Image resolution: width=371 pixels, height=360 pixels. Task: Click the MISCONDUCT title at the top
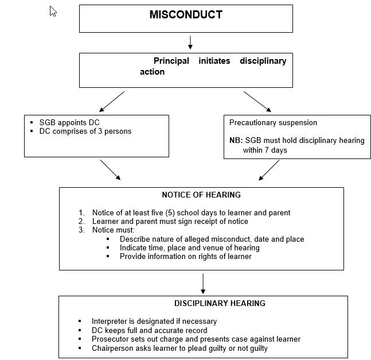tap(186, 15)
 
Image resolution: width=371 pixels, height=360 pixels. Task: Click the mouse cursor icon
tap(53, 11)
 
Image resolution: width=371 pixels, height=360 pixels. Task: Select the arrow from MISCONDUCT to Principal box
tap(190, 42)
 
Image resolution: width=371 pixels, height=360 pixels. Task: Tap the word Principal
tap(171, 61)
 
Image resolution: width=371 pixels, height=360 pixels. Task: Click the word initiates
tap(214, 61)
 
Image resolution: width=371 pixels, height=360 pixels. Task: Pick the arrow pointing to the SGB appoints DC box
tap(112, 102)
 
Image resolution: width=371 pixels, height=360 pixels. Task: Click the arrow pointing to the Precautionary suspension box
tap(257, 102)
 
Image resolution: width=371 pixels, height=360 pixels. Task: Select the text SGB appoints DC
tap(69, 122)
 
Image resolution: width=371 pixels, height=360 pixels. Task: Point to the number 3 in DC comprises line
tap(100, 131)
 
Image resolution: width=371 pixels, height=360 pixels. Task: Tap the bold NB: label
tap(236, 141)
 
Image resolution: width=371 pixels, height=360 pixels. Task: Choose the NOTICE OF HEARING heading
tap(201, 195)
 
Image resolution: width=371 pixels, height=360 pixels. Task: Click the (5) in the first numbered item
tap(170, 212)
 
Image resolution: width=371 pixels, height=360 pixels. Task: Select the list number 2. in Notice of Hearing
tap(81, 221)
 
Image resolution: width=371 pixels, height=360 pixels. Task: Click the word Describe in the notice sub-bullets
tap(135, 239)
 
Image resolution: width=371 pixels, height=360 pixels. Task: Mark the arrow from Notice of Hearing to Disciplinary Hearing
tap(203, 284)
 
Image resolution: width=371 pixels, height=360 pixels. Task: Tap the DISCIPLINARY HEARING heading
tap(220, 303)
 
